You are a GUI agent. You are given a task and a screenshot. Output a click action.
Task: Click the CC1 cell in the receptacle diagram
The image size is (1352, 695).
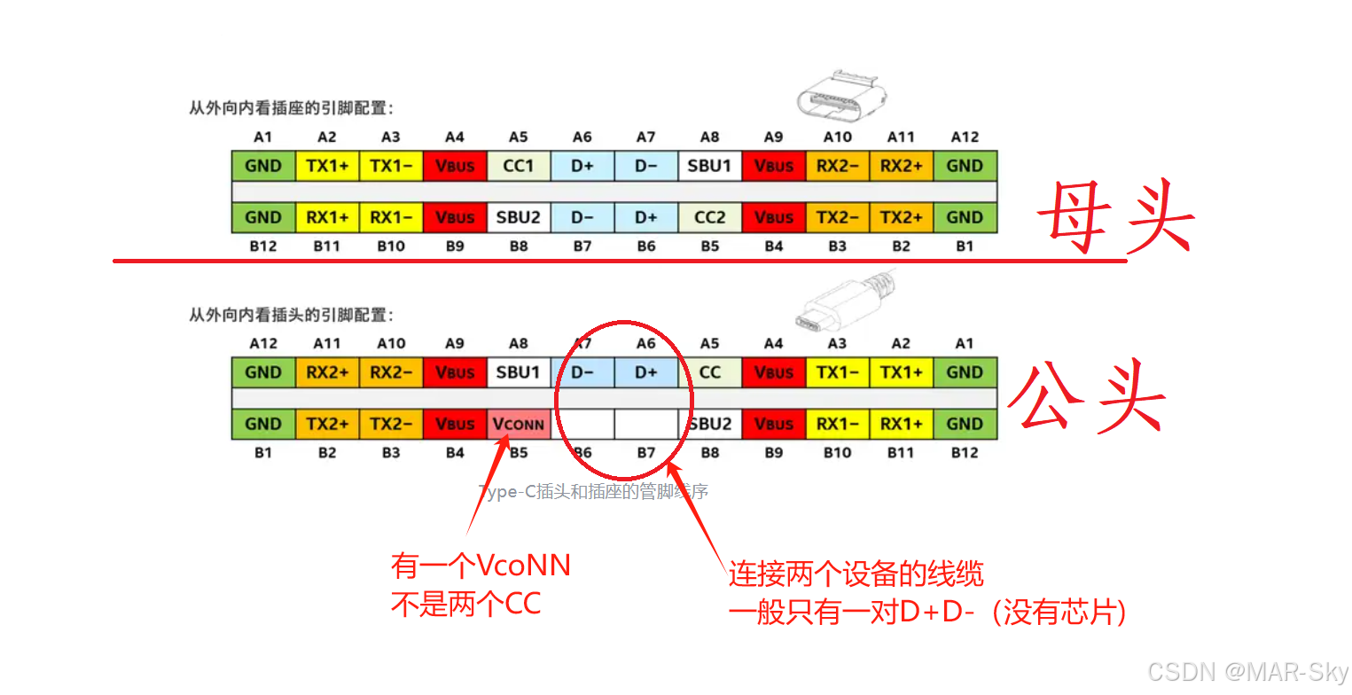519,166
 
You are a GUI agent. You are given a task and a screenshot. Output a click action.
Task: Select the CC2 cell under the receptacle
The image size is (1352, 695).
710,217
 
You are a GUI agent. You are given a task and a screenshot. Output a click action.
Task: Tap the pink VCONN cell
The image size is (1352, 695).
519,424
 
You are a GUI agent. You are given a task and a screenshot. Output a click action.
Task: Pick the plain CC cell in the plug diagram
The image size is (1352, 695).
710,372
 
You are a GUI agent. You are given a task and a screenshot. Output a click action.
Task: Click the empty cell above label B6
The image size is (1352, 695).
582,424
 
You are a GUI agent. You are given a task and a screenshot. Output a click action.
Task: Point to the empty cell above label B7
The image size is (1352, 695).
646,424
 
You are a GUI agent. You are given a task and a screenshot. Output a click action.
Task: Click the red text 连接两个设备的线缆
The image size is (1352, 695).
856,574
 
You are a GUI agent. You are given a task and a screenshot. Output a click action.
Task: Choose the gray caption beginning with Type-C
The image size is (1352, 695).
593,491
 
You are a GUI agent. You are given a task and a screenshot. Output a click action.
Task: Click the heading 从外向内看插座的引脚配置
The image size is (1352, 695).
291,108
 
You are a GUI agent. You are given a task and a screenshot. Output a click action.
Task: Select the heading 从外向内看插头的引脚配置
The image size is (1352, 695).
291,315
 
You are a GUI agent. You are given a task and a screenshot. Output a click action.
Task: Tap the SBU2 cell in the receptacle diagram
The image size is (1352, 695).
519,217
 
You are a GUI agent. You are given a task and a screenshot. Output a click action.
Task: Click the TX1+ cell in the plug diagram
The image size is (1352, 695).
901,372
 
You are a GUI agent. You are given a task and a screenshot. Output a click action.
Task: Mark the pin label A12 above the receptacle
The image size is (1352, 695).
965,137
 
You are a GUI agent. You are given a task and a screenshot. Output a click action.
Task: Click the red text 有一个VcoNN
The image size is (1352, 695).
481,566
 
